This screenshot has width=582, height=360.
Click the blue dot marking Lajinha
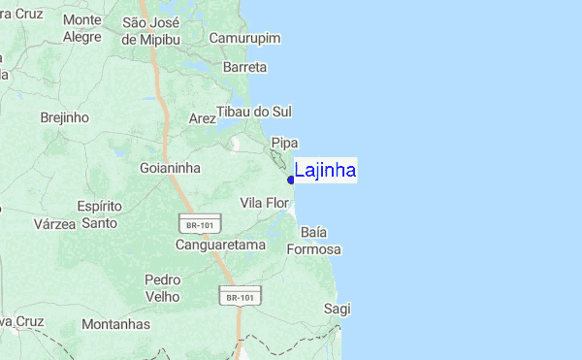(291, 180)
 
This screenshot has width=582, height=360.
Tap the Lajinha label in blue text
(325, 171)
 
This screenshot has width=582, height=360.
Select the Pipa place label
(283, 143)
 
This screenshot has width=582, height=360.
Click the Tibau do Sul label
(253, 112)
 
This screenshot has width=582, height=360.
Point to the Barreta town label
(244, 67)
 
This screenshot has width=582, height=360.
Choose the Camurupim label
(244, 38)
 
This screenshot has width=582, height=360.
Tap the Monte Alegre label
(81, 28)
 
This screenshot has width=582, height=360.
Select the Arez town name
(203, 118)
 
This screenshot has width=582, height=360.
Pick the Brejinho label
(65, 117)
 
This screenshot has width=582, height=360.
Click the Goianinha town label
(170, 167)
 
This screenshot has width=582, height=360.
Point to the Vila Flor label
(265, 203)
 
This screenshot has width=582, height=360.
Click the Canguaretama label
(220, 245)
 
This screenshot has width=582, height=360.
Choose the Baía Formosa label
(314, 241)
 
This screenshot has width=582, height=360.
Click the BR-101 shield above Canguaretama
(194, 224)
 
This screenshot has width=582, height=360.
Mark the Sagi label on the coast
(337, 309)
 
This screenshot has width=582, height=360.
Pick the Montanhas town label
(116, 324)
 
